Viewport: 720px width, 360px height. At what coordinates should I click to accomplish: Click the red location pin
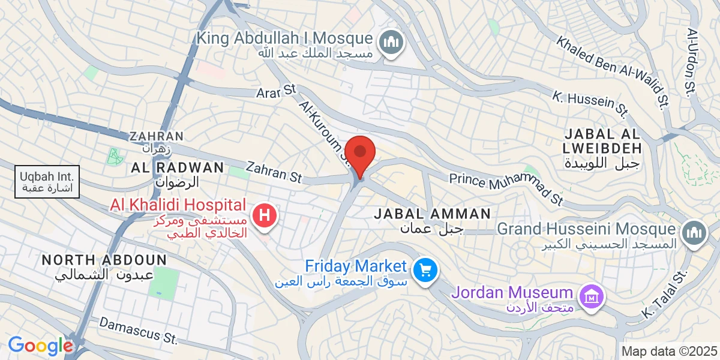pos(360,154)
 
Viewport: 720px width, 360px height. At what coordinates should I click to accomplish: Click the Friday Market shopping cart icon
pos(426,269)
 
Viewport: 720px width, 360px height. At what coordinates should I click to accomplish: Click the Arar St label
pos(277,91)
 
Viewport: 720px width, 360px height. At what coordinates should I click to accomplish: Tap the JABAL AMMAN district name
pos(432,214)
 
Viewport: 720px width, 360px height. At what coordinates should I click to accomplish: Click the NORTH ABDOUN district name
pos(104,260)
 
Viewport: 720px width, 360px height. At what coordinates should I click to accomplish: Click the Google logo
pos(40,346)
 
